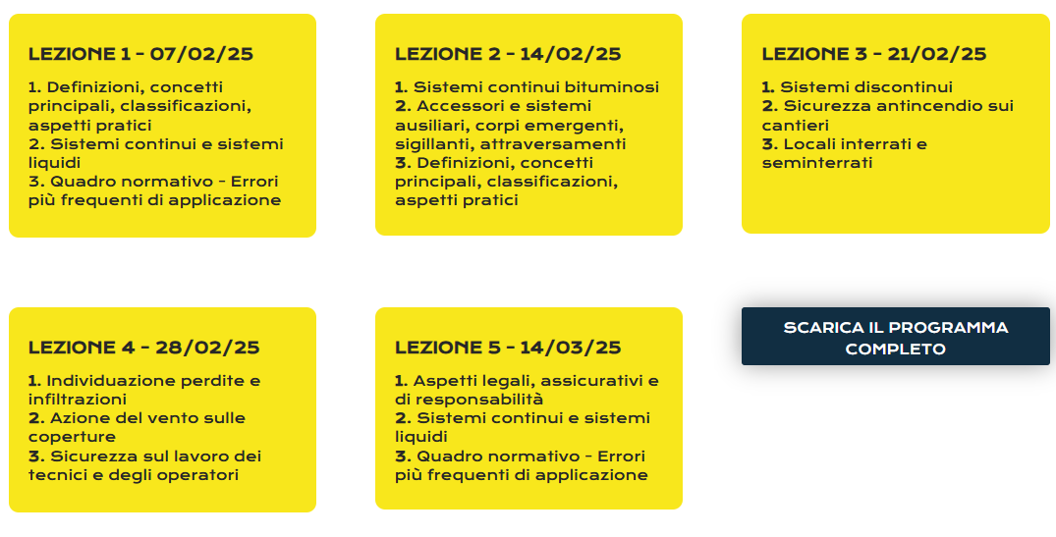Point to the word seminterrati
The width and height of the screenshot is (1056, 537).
(x=816, y=163)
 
